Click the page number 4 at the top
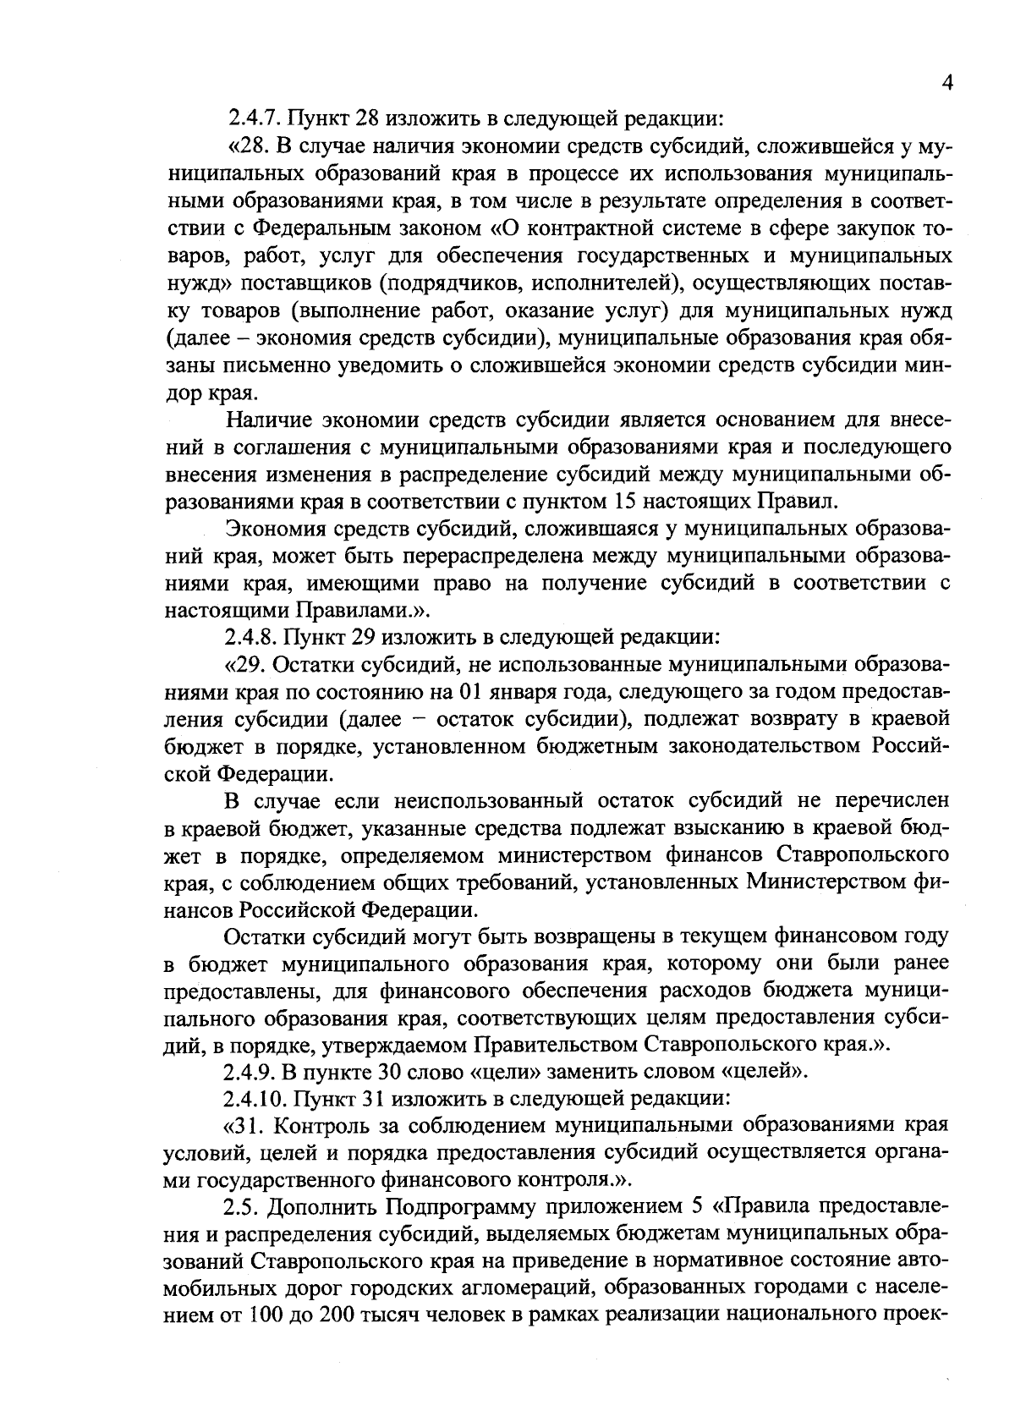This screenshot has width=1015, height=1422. [x=946, y=82]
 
